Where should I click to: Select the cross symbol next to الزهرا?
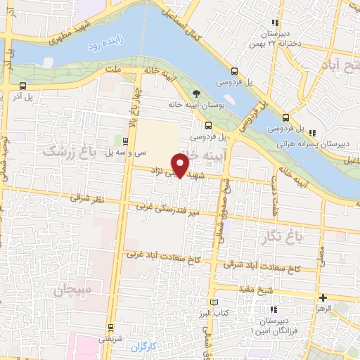click(323, 297)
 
